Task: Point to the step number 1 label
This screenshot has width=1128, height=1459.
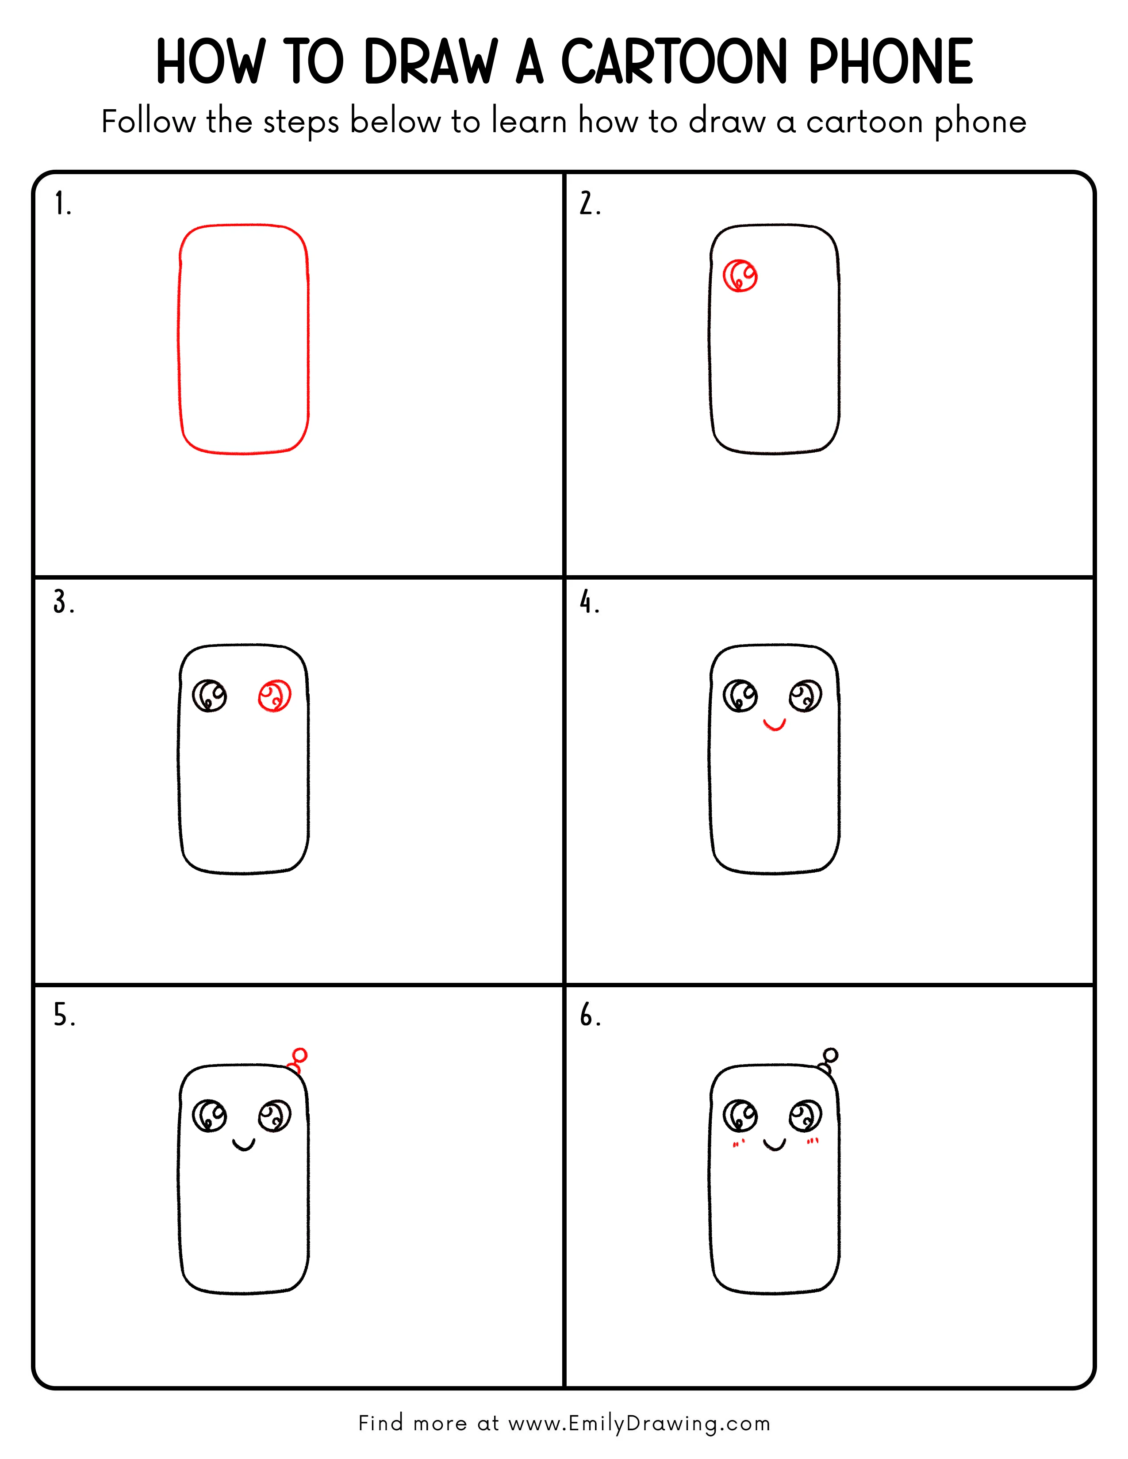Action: pos(62,204)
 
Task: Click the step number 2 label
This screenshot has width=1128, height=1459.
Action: pos(589,204)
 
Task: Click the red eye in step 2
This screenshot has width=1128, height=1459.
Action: pos(740,275)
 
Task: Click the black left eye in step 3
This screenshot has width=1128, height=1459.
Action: pos(209,695)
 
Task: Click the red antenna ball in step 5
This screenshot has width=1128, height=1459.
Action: pos(300,1055)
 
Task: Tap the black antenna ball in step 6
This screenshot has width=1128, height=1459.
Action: pos(831,1055)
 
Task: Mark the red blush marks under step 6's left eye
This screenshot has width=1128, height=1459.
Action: pos(738,1144)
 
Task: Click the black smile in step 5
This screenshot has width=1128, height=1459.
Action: pos(244,1145)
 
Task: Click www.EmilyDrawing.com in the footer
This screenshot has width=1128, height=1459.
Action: pos(639,1423)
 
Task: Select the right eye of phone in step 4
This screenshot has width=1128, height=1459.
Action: pos(805,696)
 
